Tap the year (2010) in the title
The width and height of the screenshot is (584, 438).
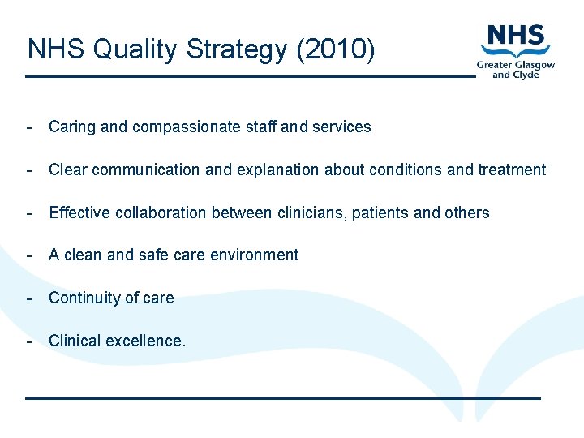coord(335,49)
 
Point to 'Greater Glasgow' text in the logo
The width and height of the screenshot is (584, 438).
coord(516,64)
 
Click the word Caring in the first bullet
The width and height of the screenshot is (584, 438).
coord(72,127)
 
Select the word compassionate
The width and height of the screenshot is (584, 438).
coord(184,127)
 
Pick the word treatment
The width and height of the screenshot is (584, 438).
coord(512,170)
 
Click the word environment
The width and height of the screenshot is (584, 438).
coord(254,255)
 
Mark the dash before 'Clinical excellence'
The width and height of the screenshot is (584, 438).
coord(29,341)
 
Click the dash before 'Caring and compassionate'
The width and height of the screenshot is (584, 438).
coord(29,127)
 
